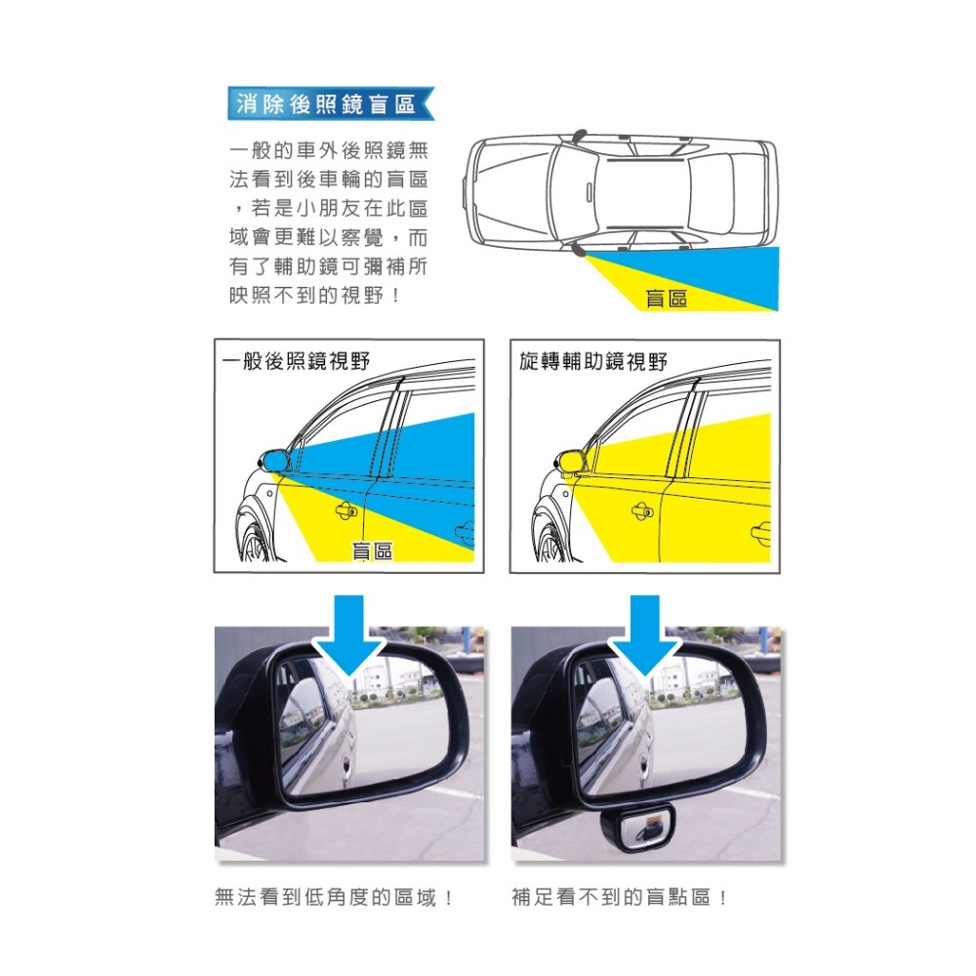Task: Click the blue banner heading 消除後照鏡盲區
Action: coord(326,103)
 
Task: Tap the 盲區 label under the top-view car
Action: coord(667,299)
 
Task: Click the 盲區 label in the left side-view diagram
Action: coord(371,551)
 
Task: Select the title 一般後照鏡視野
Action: coord(297,361)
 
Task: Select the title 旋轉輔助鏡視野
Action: coord(593,361)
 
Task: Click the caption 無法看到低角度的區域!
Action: coord(334,897)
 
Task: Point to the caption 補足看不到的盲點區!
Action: coord(620,897)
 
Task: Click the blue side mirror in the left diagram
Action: coord(274,458)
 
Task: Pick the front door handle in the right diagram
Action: coord(642,508)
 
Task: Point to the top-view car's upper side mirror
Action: coord(580,133)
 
